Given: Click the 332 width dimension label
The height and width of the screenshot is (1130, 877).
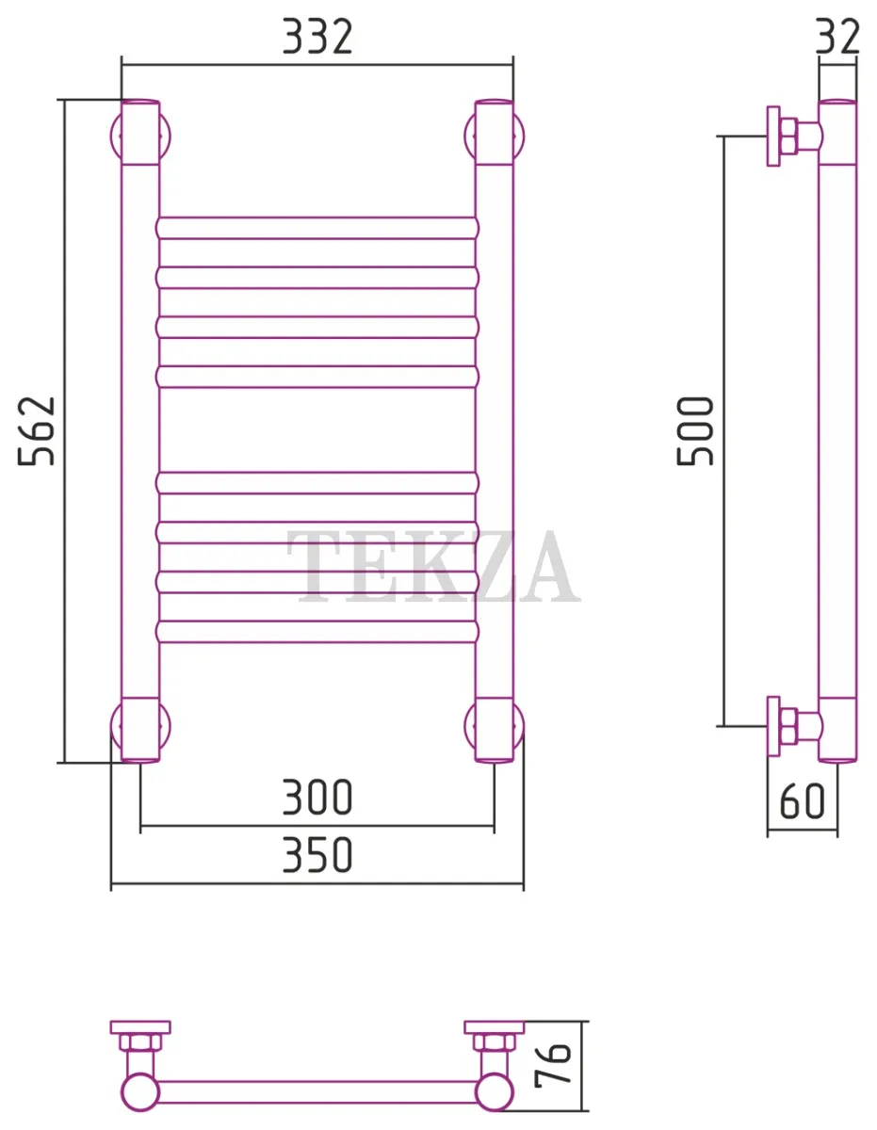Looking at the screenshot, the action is pyautogui.click(x=317, y=37).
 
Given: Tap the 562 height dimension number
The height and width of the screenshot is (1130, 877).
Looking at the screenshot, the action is pyautogui.click(x=37, y=430).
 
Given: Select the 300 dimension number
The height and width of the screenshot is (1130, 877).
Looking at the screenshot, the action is pyautogui.click(x=317, y=797).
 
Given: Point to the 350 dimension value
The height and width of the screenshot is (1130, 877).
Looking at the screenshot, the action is pyautogui.click(x=317, y=854).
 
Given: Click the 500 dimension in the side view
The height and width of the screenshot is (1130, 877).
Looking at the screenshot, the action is pyautogui.click(x=695, y=430).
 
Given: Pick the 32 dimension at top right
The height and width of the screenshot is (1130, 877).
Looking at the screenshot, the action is pyautogui.click(x=837, y=37).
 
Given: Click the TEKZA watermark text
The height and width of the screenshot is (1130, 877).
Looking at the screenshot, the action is pyautogui.click(x=433, y=567).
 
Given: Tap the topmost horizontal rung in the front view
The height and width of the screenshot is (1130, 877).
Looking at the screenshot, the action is pyautogui.click(x=317, y=228).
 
